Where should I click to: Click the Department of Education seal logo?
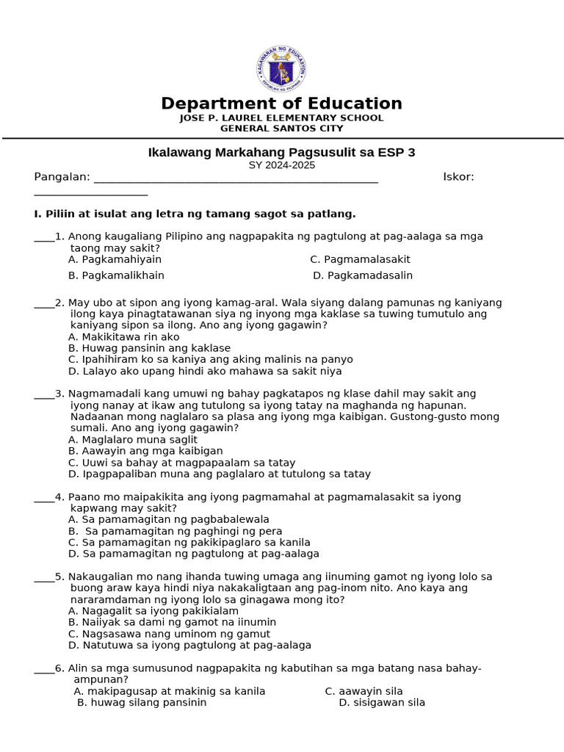[281, 70]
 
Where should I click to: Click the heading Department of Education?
[281, 104]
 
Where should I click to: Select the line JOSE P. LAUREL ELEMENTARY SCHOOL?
[281, 118]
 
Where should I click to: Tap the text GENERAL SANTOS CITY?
[281, 129]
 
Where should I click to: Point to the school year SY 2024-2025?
[281, 165]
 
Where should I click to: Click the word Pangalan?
[62, 177]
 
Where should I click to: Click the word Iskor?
[458, 177]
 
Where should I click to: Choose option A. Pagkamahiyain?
[115, 259]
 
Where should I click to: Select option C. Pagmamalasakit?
[360, 259]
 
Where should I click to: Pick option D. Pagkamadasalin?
[363, 275]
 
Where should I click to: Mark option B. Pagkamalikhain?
[116, 275]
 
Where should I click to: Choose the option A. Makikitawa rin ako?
[123, 337]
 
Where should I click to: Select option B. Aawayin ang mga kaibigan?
[145, 451]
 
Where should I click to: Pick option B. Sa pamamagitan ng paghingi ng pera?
[175, 531]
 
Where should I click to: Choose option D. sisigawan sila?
[382, 703]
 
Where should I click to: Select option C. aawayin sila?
[364, 691]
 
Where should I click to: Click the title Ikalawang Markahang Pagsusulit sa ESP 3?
[281, 153]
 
